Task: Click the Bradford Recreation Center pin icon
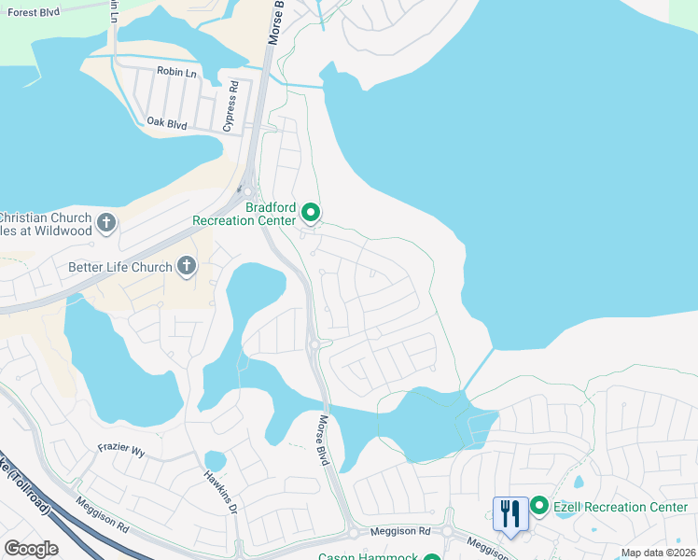coord(312,214)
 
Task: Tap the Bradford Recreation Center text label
coord(244,214)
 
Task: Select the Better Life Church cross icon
coord(187,267)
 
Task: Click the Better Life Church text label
coord(120,267)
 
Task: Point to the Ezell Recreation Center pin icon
coord(539,507)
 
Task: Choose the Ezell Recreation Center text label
coord(621,507)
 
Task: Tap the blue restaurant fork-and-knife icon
coord(510,512)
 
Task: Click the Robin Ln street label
coord(175,71)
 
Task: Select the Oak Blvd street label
coord(167,122)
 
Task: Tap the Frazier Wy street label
coord(122,451)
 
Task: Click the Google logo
coord(31,549)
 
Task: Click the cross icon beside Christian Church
coord(106,223)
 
